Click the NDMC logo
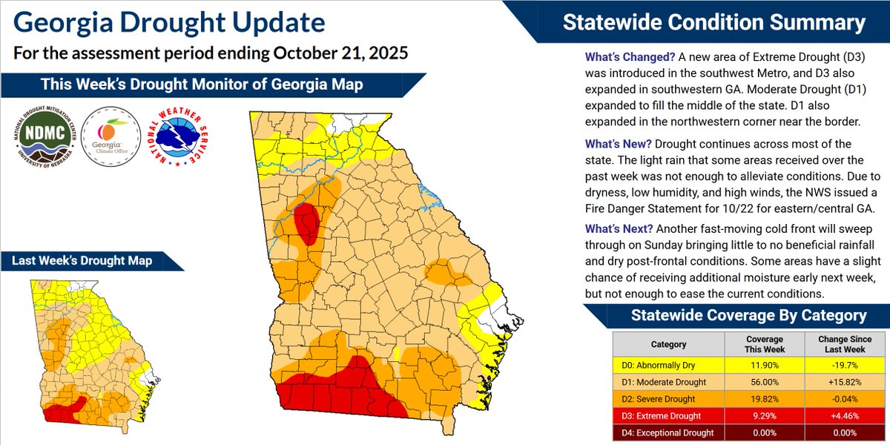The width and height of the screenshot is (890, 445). point(44,135)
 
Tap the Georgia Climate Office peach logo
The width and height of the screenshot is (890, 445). point(109,135)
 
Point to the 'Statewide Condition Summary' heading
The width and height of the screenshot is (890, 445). point(713,22)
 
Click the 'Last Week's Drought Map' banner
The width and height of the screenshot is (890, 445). point(82,261)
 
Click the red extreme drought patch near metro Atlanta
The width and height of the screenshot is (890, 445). point(306,222)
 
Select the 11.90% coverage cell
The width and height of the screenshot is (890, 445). point(763,363)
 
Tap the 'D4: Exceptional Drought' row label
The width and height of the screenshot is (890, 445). point(668,432)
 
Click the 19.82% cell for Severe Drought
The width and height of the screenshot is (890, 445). point(763,398)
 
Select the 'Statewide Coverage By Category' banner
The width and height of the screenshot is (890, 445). point(748,316)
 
